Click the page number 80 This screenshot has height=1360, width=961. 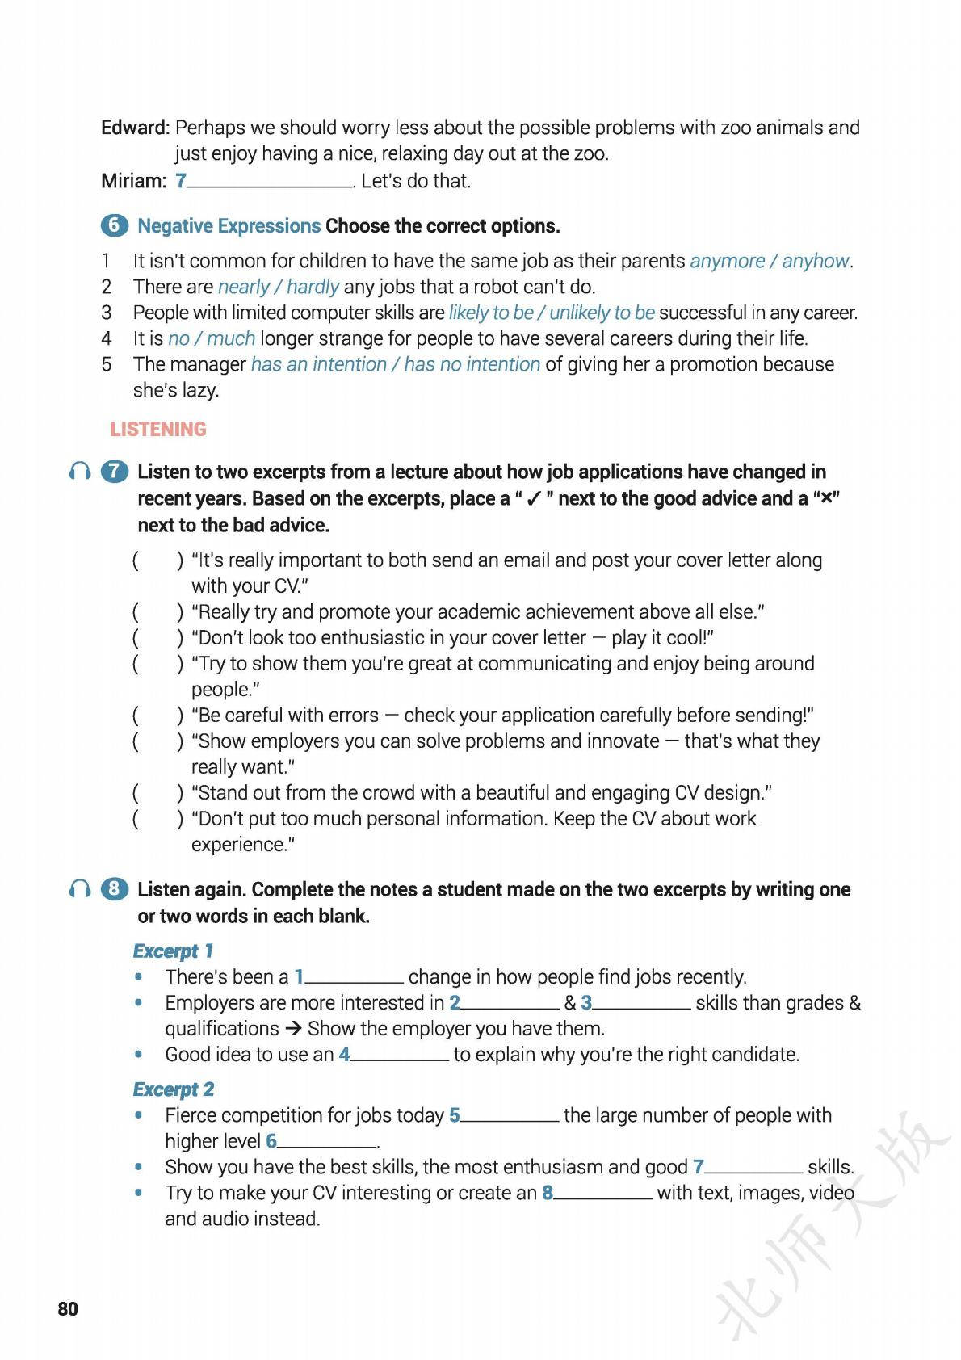click(68, 1308)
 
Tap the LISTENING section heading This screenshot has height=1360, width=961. click(158, 429)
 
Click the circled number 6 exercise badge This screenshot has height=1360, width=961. click(114, 225)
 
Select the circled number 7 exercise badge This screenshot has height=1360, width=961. click(114, 472)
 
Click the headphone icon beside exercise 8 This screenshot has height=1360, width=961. click(79, 889)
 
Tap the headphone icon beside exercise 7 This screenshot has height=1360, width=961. click(79, 472)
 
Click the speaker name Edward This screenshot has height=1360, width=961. click(135, 128)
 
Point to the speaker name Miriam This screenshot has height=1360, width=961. click(133, 181)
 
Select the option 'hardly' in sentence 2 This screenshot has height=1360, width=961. click(313, 287)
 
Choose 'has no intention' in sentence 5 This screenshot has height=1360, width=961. click(472, 364)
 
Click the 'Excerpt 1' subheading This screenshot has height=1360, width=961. click(173, 951)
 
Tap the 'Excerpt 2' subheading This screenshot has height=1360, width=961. click(174, 1089)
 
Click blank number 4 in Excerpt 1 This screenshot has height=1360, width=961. click(399, 1054)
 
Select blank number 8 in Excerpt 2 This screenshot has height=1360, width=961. click(602, 1193)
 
